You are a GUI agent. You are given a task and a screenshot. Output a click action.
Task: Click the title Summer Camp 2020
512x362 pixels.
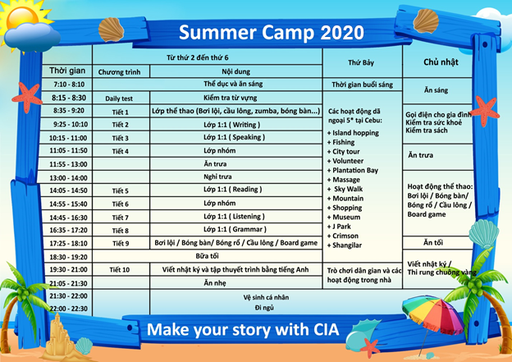click(271, 32)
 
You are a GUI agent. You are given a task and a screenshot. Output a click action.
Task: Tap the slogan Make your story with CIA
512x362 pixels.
click(243, 329)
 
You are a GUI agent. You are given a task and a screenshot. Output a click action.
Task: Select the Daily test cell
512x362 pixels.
click(119, 99)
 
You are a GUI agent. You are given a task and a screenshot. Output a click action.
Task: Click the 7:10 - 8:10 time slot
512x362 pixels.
click(69, 85)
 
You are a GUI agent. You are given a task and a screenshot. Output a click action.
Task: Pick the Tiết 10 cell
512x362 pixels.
click(120, 269)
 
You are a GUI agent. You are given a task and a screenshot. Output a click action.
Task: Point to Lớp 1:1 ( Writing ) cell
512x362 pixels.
click(232, 125)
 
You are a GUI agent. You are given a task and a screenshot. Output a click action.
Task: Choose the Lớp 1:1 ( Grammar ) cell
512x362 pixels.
click(235, 229)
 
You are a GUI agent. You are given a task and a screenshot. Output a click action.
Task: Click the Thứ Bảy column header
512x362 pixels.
click(361, 62)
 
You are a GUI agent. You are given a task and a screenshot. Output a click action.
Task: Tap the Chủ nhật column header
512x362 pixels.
click(441, 62)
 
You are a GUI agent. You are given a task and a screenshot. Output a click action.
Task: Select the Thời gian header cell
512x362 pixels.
click(67, 71)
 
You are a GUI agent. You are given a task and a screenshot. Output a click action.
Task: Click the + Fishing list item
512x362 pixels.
click(341, 142)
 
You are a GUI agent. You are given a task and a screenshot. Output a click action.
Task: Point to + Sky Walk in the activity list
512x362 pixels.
click(345, 189)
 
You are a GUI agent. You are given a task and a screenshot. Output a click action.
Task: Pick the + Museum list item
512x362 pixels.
click(344, 217)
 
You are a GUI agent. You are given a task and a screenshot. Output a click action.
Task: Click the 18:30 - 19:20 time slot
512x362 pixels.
click(69, 257)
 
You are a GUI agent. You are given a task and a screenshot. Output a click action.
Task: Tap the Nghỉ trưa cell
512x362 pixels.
click(217, 176)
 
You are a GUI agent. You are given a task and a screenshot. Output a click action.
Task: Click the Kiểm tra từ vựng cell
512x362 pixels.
click(231, 98)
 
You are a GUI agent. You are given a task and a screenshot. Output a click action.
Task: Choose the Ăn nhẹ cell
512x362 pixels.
click(215, 283)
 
